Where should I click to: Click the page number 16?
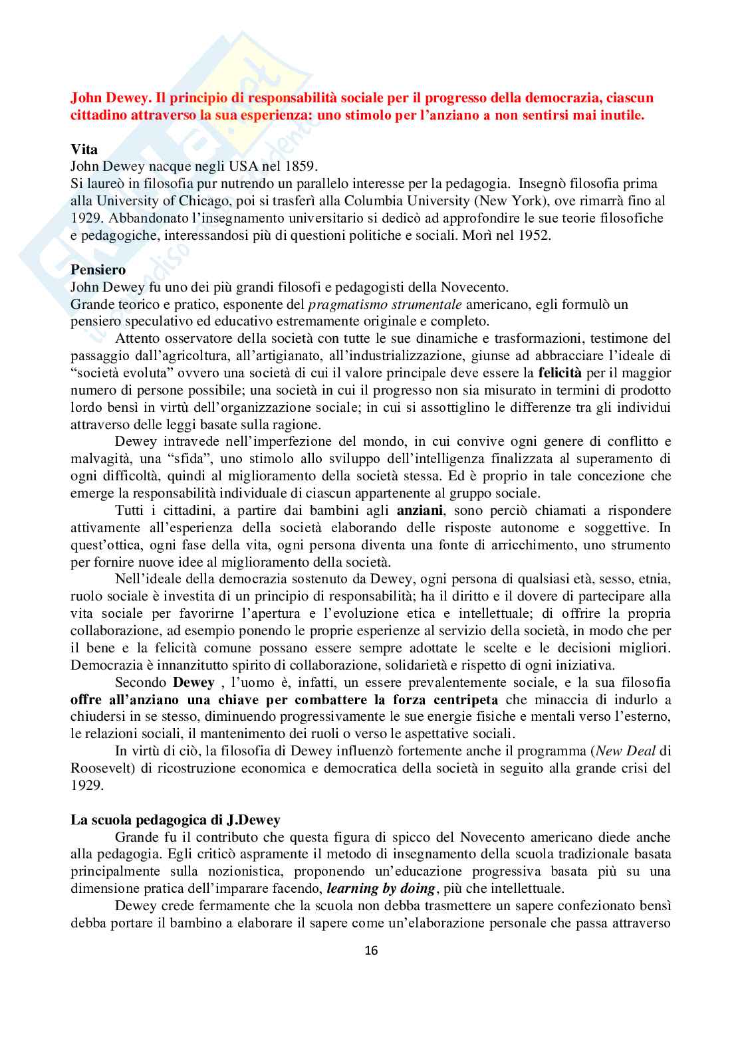pos(371,951)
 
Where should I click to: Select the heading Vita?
pos(84,149)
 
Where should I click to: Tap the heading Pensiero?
pos(98,270)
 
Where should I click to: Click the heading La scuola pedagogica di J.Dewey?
pos(176,820)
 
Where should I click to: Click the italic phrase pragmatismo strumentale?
pos(385,304)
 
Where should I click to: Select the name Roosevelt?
pos(101,768)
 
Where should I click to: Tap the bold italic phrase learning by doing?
pos(381,888)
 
